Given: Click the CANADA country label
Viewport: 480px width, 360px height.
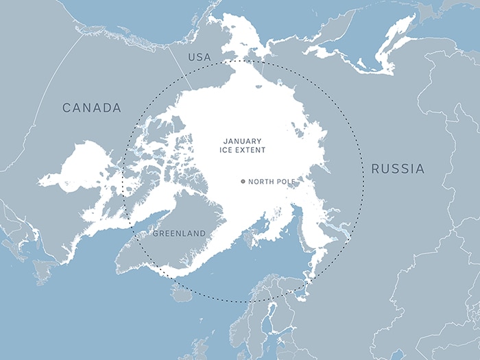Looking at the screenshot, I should (91, 108).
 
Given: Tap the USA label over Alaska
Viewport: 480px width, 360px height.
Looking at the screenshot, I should (200, 57).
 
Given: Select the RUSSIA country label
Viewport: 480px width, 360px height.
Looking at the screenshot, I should (398, 169).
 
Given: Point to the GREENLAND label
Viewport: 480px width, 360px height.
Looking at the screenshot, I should (179, 234).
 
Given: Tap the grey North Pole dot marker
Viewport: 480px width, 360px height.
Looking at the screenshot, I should (243, 182).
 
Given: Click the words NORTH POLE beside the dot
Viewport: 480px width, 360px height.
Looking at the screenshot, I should (272, 182).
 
